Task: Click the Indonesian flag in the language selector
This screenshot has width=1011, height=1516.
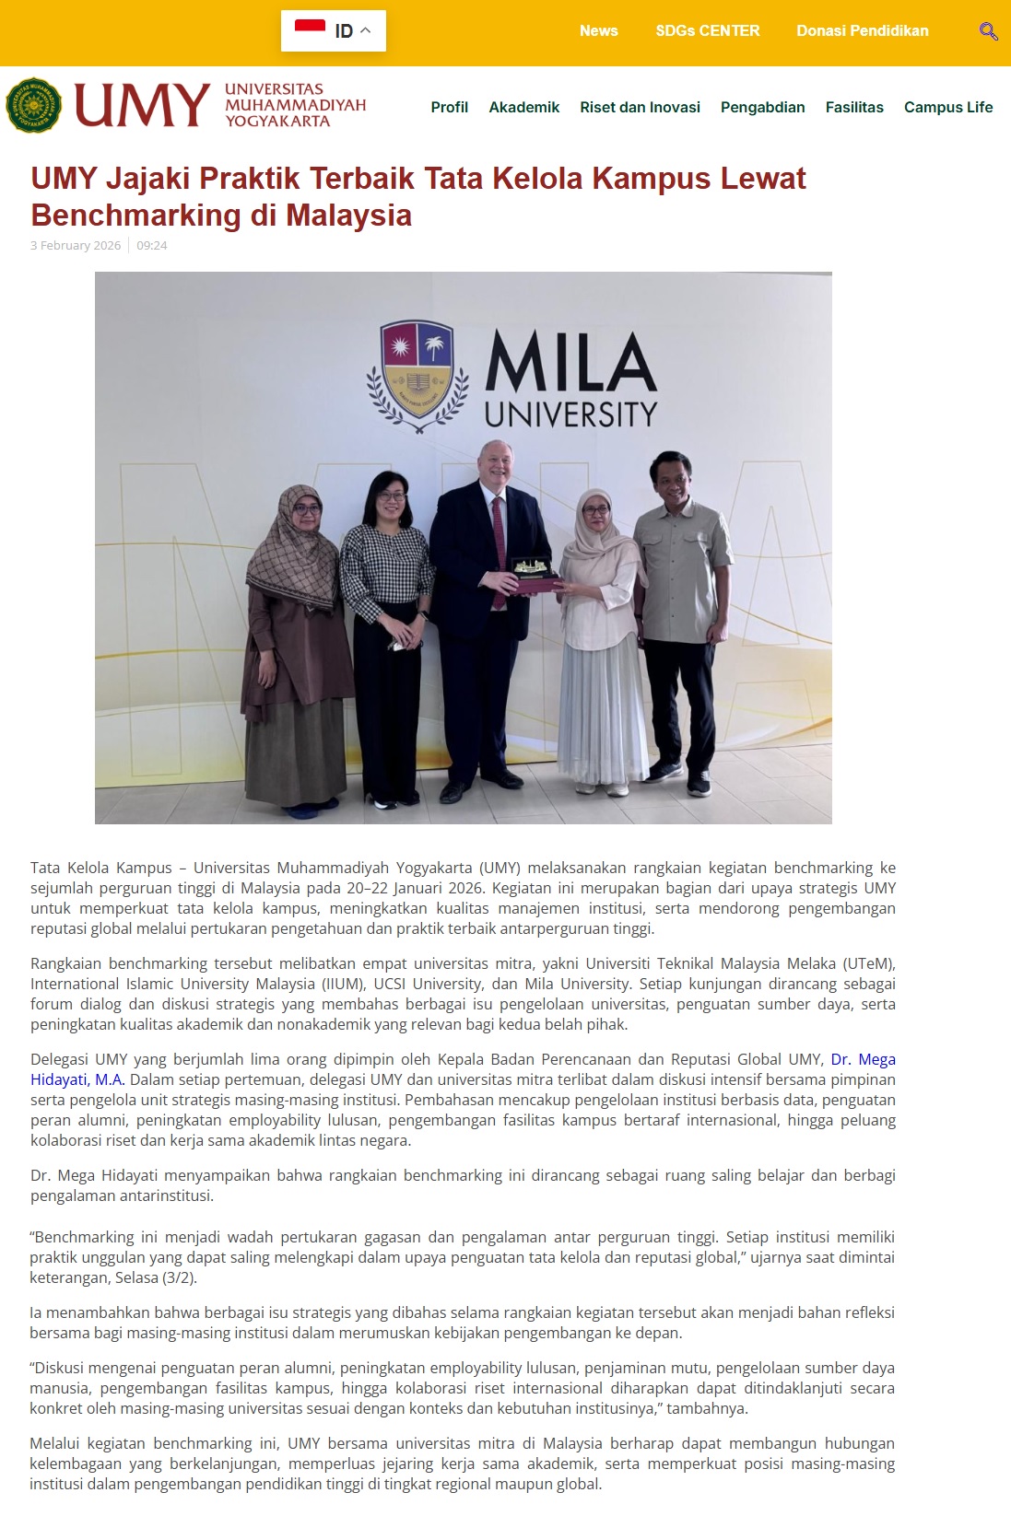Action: pos(310,30)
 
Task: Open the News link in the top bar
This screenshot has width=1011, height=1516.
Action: pos(598,30)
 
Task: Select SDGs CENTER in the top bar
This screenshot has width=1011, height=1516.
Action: pos(707,30)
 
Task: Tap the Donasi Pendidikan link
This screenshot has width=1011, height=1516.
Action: pos(862,30)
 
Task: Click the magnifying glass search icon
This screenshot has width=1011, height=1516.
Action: pos(988,31)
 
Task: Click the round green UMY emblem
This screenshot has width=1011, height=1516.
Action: pos(33,106)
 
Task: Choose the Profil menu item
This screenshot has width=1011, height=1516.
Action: pos(449,107)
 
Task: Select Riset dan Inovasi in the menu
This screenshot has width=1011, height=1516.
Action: pos(640,107)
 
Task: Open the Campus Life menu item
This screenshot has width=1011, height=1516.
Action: pos(947,107)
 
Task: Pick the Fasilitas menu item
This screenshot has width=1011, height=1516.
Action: pos(853,107)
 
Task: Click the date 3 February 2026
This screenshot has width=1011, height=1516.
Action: pos(76,245)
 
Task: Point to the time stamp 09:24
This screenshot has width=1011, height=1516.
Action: pos(152,245)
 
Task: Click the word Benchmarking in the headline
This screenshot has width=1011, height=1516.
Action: pos(135,215)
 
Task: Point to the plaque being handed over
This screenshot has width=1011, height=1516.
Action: pos(535,574)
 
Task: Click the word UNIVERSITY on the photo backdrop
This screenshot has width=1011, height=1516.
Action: pos(570,414)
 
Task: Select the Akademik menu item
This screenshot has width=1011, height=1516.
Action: pos(523,107)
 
